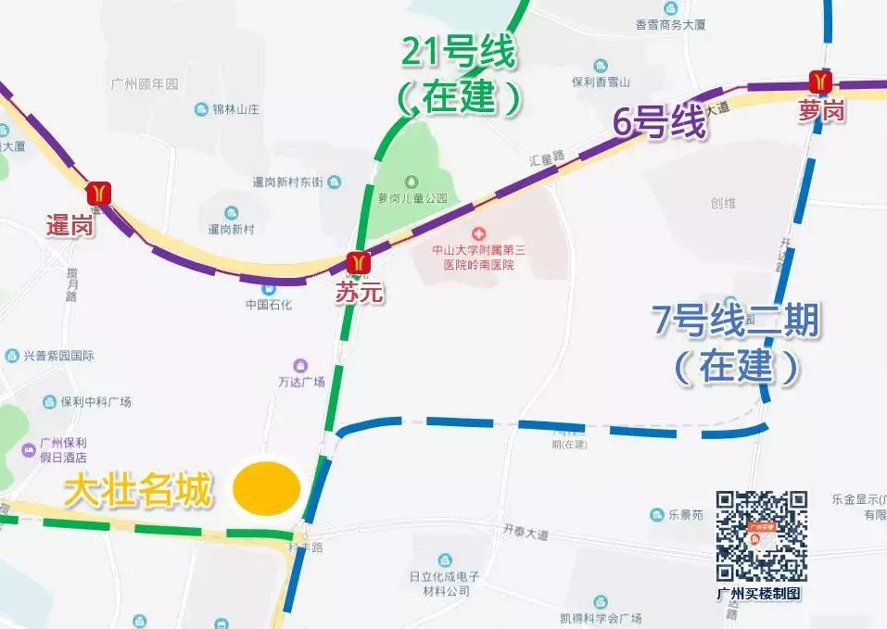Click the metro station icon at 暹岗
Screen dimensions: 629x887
pyautogui.click(x=98, y=193)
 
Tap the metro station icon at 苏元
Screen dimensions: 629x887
pyautogui.click(x=359, y=263)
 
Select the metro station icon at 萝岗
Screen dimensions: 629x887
pyautogui.click(x=820, y=82)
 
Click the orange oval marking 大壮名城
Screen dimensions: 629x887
pyautogui.click(x=267, y=489)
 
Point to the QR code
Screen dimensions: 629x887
pyautogui.click(x=761, y=536)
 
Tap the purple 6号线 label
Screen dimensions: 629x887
pyautogui.click(x=659, y=123)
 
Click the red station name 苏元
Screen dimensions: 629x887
pyautogui.click(x=360, y=295)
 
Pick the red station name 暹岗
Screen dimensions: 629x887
pyautogui.click(x=70, y=225)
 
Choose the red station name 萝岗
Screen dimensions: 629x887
pyautogui.click(x=822, y=112)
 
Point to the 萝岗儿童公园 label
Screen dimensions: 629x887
pyautogui.click(x=412, y=198)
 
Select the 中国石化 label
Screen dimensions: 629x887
pyautogui.click(x=269, y=304)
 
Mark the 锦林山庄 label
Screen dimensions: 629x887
pyautogui.click(x=234, y=109)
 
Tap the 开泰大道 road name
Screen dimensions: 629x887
pyautogui.click(x=526, y=533)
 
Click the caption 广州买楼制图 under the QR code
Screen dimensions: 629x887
pyautogui.click(x=758, y=594)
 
